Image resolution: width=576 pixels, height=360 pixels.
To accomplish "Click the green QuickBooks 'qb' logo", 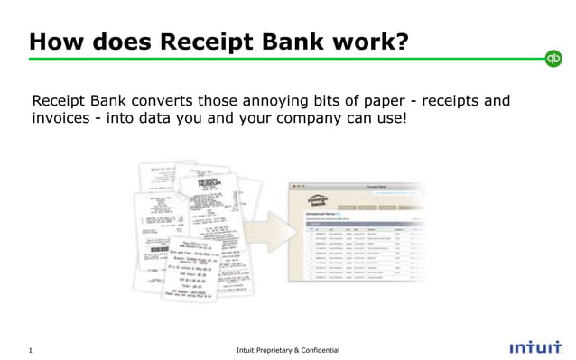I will tap(553, 59).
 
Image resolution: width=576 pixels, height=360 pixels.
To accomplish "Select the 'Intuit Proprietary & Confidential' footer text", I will tap(288, 347).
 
